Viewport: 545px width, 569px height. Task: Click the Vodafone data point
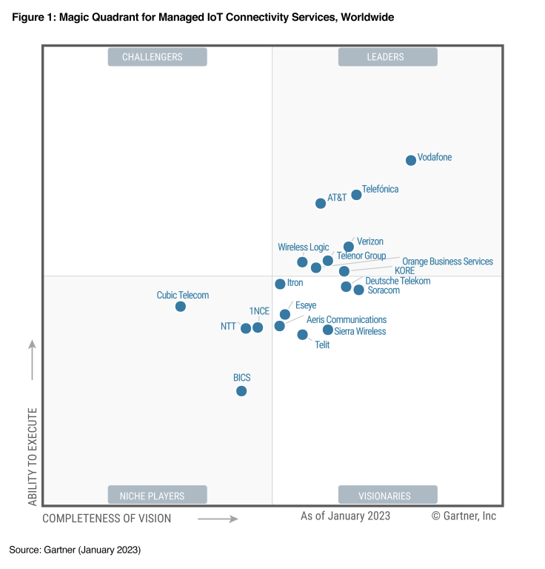pos(411,160)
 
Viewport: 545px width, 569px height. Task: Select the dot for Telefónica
pos(356,194)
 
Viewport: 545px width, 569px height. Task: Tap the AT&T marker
pos(321,203)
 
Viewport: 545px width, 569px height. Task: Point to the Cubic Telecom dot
pos(180,306)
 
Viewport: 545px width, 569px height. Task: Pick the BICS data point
pos(241,390)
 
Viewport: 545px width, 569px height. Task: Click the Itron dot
pos(280,284)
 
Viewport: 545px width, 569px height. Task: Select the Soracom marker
pos(358,290)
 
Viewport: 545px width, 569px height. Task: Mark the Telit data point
pos(302,334)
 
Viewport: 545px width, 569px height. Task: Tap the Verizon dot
pos(349,247)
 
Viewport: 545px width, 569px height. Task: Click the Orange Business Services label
pos(447,262)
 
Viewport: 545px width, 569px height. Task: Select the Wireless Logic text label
pos(303,247)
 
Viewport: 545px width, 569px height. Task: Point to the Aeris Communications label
pos(346,319)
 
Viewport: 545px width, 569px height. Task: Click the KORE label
pos(404,271)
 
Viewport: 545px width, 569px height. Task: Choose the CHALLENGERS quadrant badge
pos(157,57)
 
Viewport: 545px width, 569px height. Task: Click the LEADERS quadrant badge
pos(387,57)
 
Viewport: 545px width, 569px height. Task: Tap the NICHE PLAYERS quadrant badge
pos(157,495)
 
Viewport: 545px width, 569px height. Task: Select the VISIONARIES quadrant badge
pos(387,495)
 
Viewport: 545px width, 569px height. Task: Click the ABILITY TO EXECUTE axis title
pos(33,455)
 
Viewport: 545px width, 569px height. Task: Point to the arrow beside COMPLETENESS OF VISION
pos(218,519)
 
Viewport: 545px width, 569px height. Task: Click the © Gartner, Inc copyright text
pos(464,516)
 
